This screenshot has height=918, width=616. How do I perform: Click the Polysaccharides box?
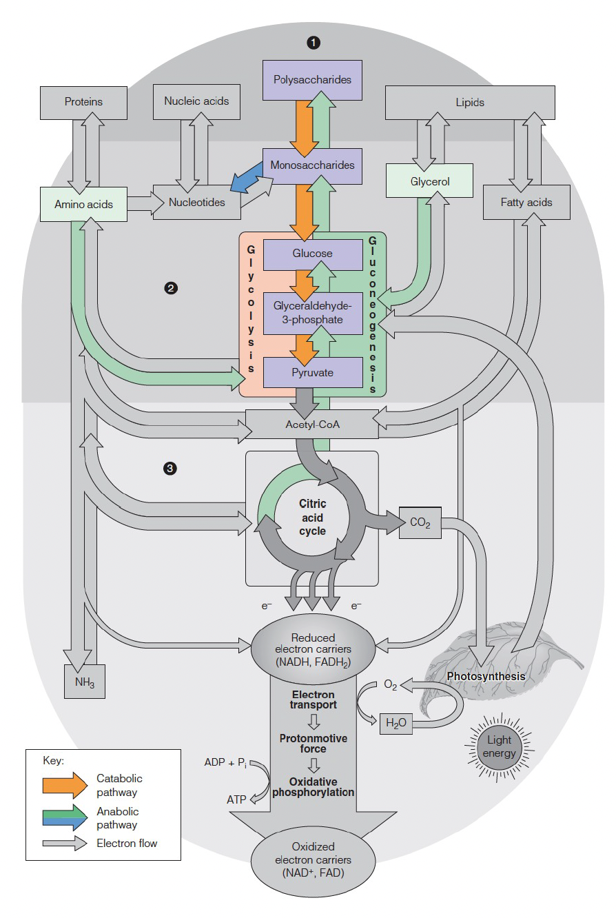(312, 79)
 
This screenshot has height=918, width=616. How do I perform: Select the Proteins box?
(83, 102)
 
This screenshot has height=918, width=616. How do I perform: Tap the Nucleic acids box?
(196, 101)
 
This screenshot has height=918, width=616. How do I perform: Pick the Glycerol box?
(429, 182)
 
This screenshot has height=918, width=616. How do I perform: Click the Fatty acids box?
(526, 203)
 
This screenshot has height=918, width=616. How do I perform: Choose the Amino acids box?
(83, 205)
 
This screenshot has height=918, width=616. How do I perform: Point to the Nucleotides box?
(196, 203)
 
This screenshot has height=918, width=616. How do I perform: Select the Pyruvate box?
(312, 372)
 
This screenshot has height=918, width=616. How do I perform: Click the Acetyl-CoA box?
(312, 425)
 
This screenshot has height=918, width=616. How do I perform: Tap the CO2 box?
(420, 523)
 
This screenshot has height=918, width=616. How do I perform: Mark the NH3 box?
(85, 682)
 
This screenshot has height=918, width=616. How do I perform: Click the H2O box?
(396, 723)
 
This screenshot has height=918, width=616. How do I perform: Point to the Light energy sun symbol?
(499, 747)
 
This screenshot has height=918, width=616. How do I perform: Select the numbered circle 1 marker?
(314, 43)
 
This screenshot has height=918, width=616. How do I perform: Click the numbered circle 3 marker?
(170, 469)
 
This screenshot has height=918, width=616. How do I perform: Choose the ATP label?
(237, 799)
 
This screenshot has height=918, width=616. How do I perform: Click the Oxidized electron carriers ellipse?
(312, 859)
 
